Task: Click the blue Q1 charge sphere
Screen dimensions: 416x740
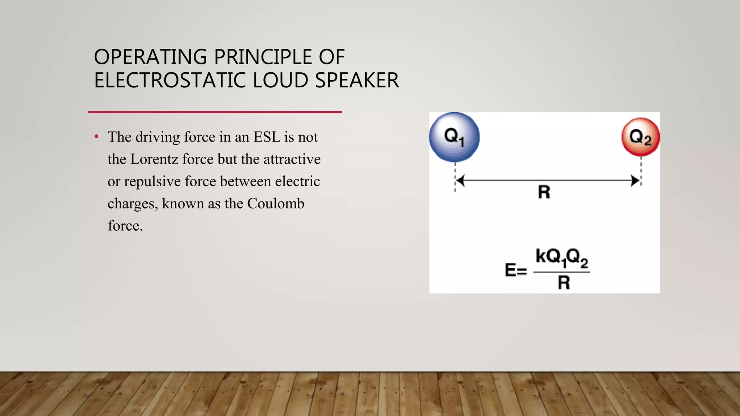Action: point(454,136)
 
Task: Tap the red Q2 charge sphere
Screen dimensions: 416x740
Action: point(641,137)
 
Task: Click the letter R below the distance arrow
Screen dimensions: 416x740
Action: point(544,192)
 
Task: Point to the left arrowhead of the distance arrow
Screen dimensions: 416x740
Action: point(460,180)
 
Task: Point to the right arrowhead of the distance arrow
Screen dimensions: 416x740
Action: point(635,180)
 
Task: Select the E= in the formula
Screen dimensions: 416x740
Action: point(516,270)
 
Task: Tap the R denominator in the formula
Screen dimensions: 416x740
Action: point(564,282)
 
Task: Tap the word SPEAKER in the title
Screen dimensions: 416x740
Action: point(357,80)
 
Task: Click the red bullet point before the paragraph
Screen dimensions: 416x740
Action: point(96,137)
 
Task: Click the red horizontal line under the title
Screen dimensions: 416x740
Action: point(215,112)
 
